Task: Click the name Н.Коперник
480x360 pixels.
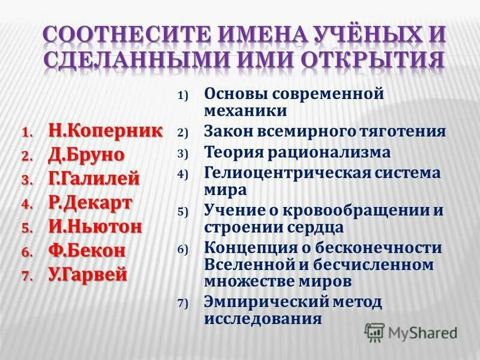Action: pos(105,130)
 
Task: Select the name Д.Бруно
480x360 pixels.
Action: pos(86,154)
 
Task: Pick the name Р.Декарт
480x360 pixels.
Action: pos(90,202)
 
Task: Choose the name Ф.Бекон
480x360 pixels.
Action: pos(87,250)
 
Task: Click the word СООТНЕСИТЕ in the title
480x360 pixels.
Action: pos(120,34)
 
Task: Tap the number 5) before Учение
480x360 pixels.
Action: pos(182,212)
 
